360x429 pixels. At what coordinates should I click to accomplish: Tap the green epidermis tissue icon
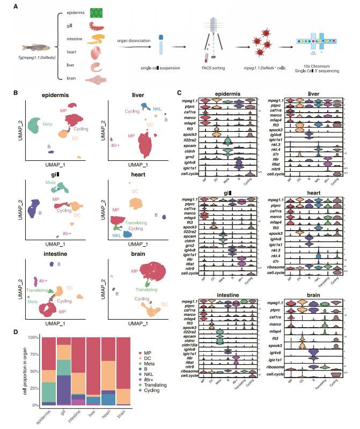coord(97,12)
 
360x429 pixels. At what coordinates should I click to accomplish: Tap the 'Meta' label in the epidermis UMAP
coord(48,124)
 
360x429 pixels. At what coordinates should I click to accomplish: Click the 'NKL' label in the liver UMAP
coord(157,108)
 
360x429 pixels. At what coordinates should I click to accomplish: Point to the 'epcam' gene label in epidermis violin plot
coord(189,144)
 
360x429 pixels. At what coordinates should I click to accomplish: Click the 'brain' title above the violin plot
coord(311,294)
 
